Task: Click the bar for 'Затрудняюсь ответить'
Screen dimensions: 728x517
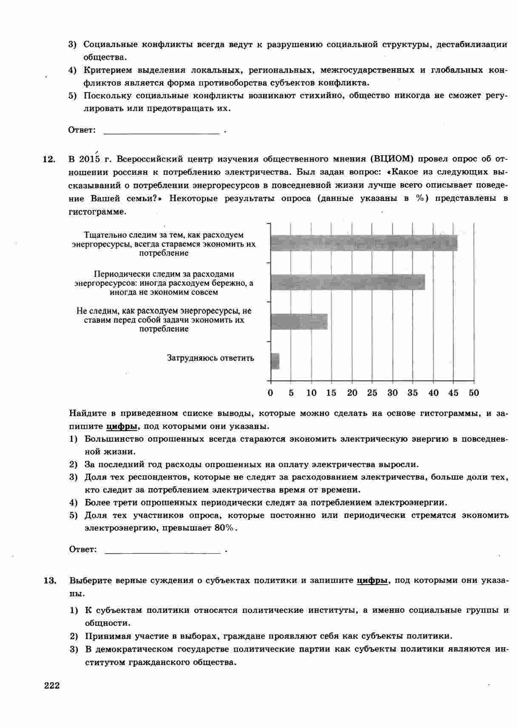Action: (275, 361)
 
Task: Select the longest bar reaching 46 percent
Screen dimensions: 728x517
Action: (364, 243)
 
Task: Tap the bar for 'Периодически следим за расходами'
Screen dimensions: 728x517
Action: (348, 282)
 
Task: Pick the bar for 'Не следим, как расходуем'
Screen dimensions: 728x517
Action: (299, 321)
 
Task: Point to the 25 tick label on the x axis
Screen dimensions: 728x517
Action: (372, 393)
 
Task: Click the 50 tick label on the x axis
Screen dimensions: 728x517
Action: (474, 393)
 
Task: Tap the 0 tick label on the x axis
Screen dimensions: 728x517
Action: (271, 393)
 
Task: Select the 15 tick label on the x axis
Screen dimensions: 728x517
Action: (331, 393)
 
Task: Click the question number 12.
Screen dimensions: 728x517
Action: (49, 159)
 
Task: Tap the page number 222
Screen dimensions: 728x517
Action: (51, 685)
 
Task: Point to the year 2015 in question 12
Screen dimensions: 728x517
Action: (89, 159)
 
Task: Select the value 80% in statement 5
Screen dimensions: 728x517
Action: (224, 528)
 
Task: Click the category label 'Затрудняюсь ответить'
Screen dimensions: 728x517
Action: (210, 358)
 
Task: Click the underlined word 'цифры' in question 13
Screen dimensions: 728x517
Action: (372, 581)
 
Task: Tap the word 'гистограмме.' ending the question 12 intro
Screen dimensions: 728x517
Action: (97, 212)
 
